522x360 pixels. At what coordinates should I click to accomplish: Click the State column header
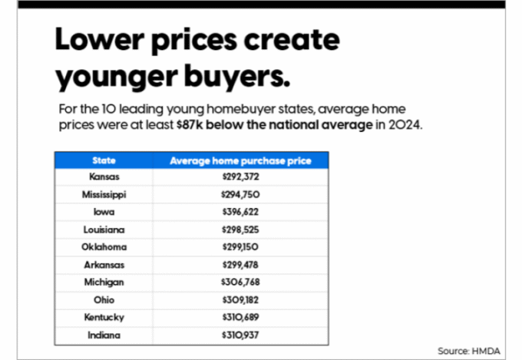tap(104, 160)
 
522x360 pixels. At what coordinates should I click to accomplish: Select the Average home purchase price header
tap(240, 160)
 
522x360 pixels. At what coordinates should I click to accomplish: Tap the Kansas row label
tap(104, 177)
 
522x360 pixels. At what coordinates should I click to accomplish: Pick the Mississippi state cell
tap(104, 194)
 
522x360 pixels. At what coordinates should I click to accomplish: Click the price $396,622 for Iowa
tap(240, 212)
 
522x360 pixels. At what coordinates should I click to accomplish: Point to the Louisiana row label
tap(104, 230)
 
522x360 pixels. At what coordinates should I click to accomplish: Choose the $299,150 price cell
tap(240, 247)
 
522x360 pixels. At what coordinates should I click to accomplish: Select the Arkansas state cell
tap(104, 265)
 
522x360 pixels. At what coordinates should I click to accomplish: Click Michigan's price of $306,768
tap(240, 282)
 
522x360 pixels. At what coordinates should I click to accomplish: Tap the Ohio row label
tap(104, 300)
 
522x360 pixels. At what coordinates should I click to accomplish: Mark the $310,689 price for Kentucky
tap(240, 318)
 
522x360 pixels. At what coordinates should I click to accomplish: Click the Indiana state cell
tap(104, 335)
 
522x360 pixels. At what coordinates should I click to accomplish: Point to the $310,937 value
tap(240, 335)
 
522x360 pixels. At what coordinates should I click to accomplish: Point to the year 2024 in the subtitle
tap(406, 124)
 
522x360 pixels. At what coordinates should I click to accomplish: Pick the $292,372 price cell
tap(240, 177)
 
